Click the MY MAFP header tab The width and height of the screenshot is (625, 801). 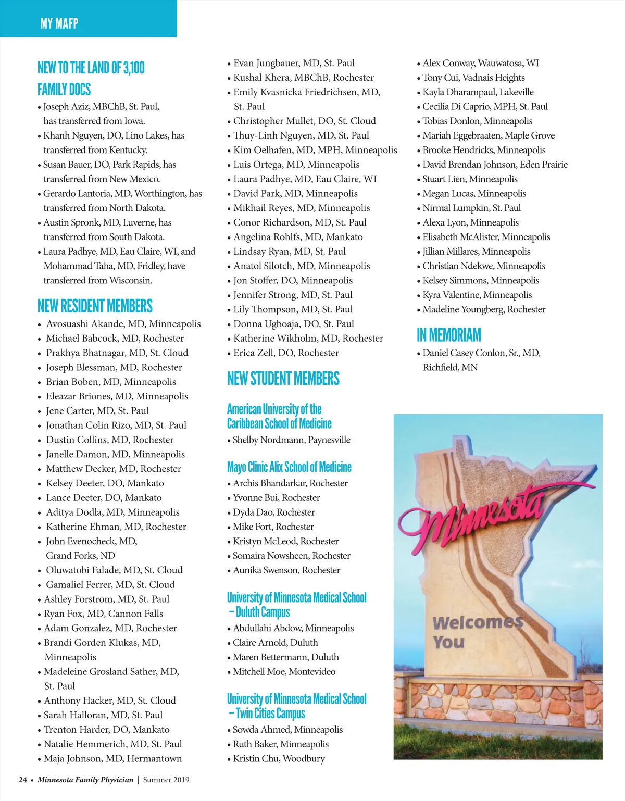coord(59,23)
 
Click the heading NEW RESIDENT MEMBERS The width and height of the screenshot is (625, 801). coord(95,306)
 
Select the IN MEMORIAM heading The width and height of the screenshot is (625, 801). coord(448,335)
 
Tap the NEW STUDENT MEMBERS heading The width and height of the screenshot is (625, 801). coord(283,379)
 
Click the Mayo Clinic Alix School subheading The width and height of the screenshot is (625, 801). coord(289,467)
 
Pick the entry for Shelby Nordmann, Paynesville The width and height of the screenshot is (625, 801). coord(291,440)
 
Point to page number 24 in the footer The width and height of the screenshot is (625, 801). coord(23,780)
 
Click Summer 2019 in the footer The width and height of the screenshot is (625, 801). coord(166,780)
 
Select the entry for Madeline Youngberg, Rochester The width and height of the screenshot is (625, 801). coord(484,309)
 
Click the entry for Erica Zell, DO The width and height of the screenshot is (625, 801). coord(286,353)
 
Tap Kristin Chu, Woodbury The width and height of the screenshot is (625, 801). coord(279,759)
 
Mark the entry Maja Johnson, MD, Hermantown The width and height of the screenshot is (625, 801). coord(113,759)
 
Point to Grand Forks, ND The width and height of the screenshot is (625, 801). coord(80,556)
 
